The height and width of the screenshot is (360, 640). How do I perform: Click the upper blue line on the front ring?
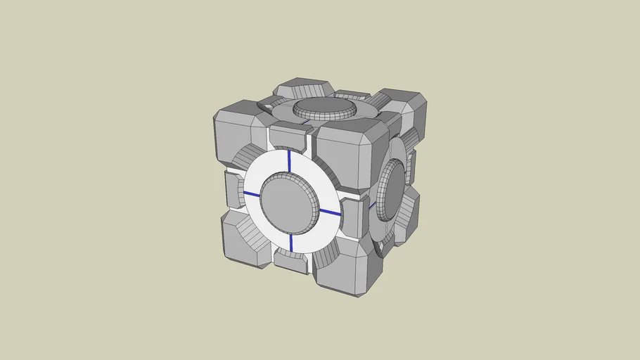point(289,161)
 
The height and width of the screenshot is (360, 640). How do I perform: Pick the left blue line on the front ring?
point(252,194)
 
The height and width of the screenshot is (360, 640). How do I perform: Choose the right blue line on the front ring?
point(329,212)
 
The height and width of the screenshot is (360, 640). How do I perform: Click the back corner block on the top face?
point(302,89)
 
